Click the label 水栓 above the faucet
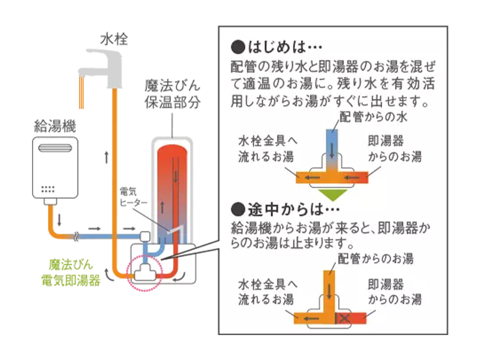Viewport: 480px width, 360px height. (x=115, y=40)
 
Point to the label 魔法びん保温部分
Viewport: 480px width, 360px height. (x=173, y=93)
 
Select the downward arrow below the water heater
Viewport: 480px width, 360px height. (x=58, y=221)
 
